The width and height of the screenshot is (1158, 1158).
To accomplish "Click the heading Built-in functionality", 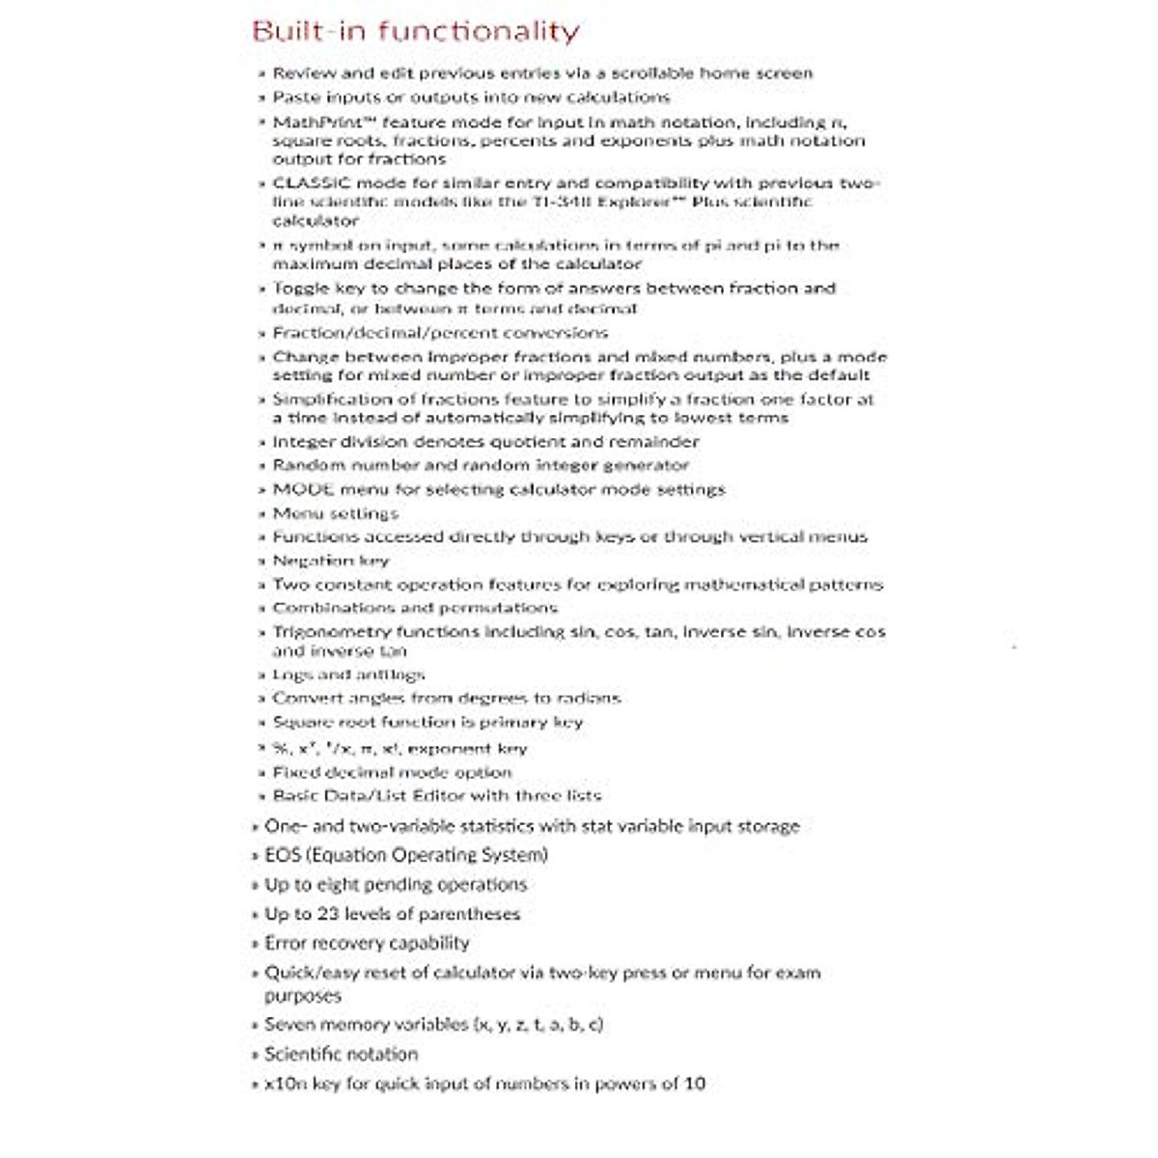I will (x=415, y=32).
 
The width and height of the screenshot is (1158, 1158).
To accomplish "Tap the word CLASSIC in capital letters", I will (x=304, y=183).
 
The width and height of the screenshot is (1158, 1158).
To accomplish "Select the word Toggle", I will (x=300, y=289).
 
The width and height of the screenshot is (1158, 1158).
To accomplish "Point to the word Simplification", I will (x=329, y=400).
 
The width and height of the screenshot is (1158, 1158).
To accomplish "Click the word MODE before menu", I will (x=303, y=489).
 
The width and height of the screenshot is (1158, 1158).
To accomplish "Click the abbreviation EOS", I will (x=283, y=855).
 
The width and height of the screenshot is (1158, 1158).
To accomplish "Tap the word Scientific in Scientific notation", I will (x=303, y=1055).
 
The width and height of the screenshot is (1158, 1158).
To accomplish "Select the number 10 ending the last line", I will (x=694, y=1084).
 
